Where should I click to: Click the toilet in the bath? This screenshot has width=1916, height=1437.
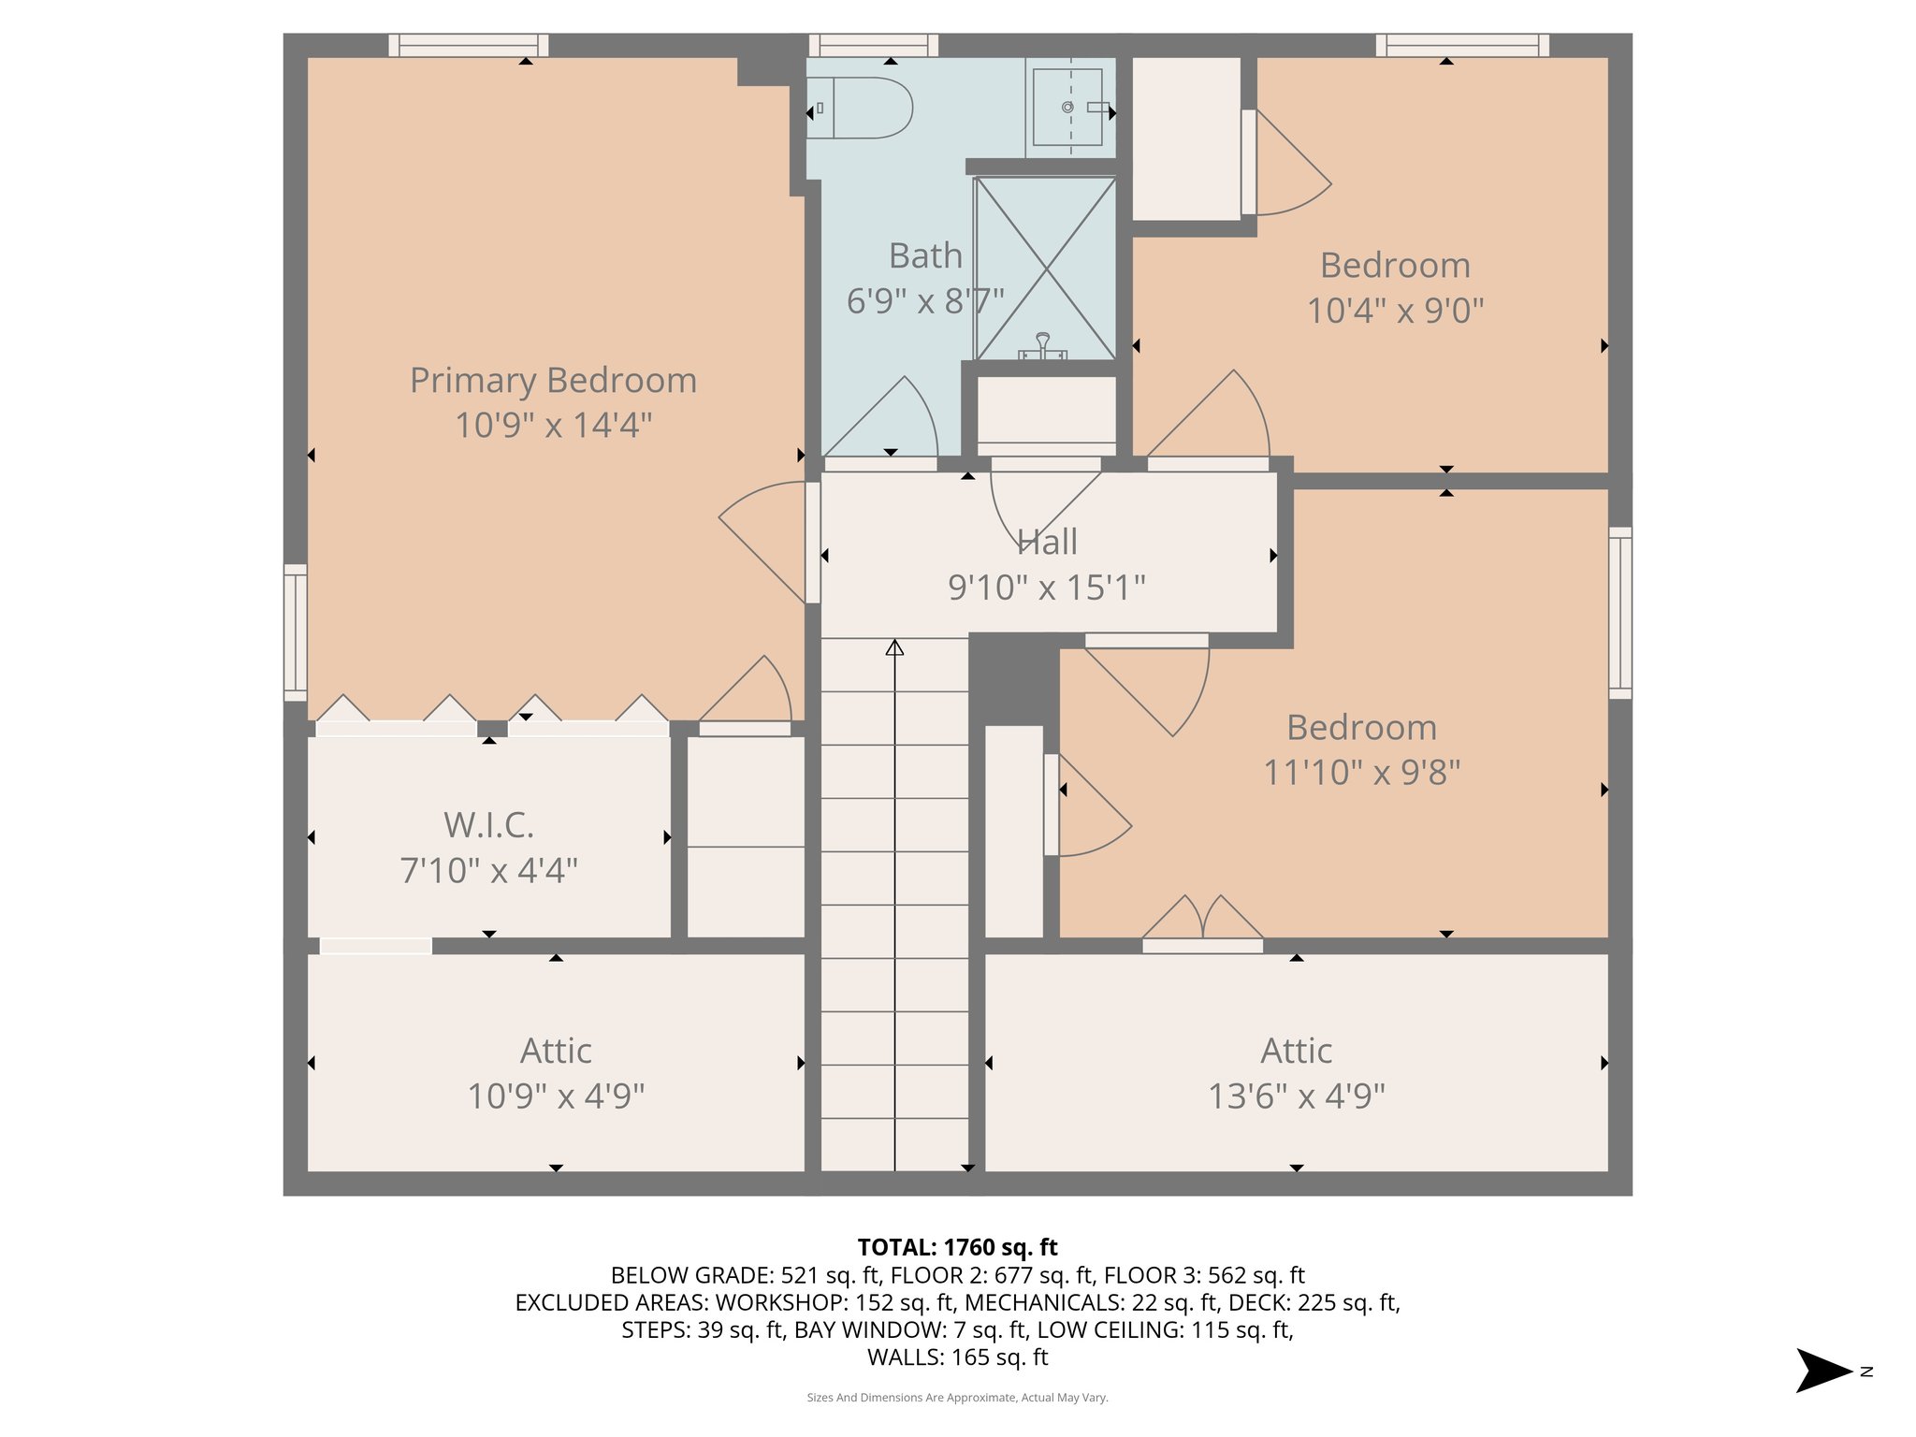[x=861, y=109]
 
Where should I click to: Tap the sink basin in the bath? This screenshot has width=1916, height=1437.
[x=1067, y=107]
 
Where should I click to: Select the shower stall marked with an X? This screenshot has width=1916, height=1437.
[x=1045, y=269]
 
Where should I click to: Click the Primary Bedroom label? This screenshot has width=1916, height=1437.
[x=553, y=381]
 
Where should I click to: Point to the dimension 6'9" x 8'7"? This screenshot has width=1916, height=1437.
[x=924, y=301]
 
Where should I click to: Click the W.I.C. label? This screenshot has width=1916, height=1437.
[x=488, y=825]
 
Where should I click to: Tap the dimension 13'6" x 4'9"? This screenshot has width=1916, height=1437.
[x=1296, y=1096]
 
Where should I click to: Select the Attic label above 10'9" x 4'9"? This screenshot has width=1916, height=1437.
[x=556, y=1051]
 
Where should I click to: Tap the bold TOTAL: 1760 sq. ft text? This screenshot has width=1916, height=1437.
[x=957, y=1247]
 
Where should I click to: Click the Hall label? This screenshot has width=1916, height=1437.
[x=1047, y=542]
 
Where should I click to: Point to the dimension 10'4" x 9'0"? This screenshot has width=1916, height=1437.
[x=1394, y=311]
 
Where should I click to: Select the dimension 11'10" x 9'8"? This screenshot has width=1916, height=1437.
[x=1361, y=773]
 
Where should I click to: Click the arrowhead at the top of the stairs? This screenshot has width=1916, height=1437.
[x=894, y=647]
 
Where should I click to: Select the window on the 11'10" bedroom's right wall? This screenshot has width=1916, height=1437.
[x=1619, y=613]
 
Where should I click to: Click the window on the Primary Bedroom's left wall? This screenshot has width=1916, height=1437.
[x=296, y=631]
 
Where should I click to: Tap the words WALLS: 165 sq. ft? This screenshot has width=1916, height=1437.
[x=957, y=1357]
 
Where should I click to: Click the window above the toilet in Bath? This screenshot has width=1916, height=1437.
[x=873, y=45]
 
